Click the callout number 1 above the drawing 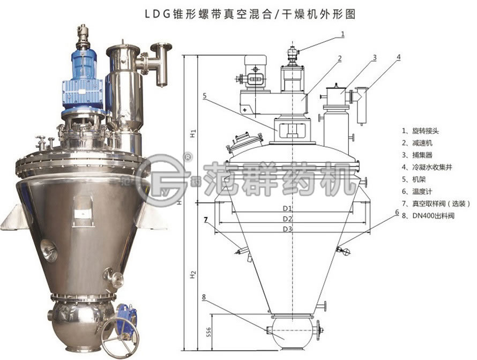click(343, 34)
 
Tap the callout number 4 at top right click(399, 57)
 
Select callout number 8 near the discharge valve click(204, 297)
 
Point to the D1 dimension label click(287, 208)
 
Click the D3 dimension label click(287, 229)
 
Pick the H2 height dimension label click(193, 274)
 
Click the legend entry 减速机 click(422, 143)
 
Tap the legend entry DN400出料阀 click(433, 216)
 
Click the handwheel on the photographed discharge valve click(120, 339)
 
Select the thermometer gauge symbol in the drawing click(346, 251)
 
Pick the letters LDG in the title click(157, 14)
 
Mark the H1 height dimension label click(193, 133)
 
